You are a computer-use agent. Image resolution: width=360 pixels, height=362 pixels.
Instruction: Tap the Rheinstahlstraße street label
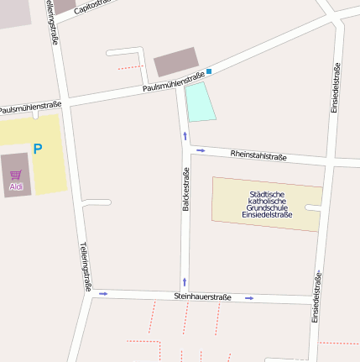click(x=258, y=155)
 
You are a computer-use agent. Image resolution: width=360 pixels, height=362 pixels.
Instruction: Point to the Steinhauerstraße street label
click(x=202, y=297)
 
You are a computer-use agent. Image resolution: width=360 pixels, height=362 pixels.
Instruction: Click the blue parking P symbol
click(x=37, y=149)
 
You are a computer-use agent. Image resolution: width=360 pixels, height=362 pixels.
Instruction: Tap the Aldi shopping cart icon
click(x=15, y=175)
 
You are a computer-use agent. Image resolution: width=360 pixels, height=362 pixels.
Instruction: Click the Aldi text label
click(x=15, y=186)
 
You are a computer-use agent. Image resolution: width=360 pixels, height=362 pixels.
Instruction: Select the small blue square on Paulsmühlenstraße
click(x=209, y=71)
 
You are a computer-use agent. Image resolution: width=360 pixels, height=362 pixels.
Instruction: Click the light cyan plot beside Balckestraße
click(x=200, y=102)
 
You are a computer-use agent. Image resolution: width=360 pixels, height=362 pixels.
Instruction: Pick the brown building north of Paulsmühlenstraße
click(x=176, y=61)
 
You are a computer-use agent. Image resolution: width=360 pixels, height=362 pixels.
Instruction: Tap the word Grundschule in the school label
click(x=267, y=207)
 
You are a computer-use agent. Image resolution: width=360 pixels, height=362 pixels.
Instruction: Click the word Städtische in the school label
click(x=267, y=194)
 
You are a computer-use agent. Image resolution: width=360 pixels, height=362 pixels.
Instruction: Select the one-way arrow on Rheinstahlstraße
click(x=201, y=150)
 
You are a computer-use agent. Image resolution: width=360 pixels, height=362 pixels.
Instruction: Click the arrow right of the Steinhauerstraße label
click(x=249, y=298)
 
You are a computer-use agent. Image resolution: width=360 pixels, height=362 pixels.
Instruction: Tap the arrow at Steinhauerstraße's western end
click(x=103, y=293)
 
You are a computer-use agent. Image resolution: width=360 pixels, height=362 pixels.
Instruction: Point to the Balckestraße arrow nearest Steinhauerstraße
click(x=185, y=282)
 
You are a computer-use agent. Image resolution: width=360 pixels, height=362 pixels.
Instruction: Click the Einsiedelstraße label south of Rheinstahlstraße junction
click(x=316, y=296)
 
